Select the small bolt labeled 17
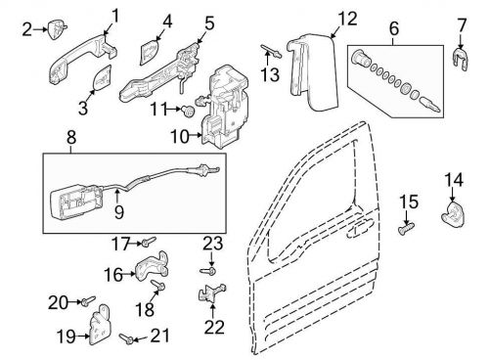[x=145, y=241]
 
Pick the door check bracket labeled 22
[x=215, y=291]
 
